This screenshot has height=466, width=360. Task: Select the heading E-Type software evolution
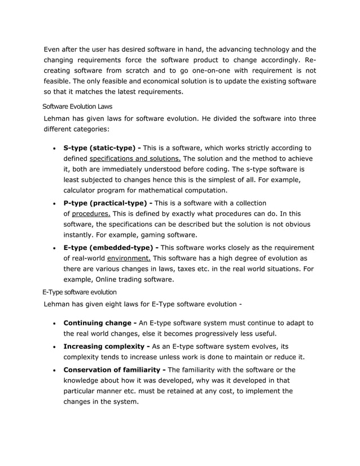pyautogui.click(x=80, y=292)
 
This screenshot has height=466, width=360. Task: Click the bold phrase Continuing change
pyautogui.click(x=97, y=323)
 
